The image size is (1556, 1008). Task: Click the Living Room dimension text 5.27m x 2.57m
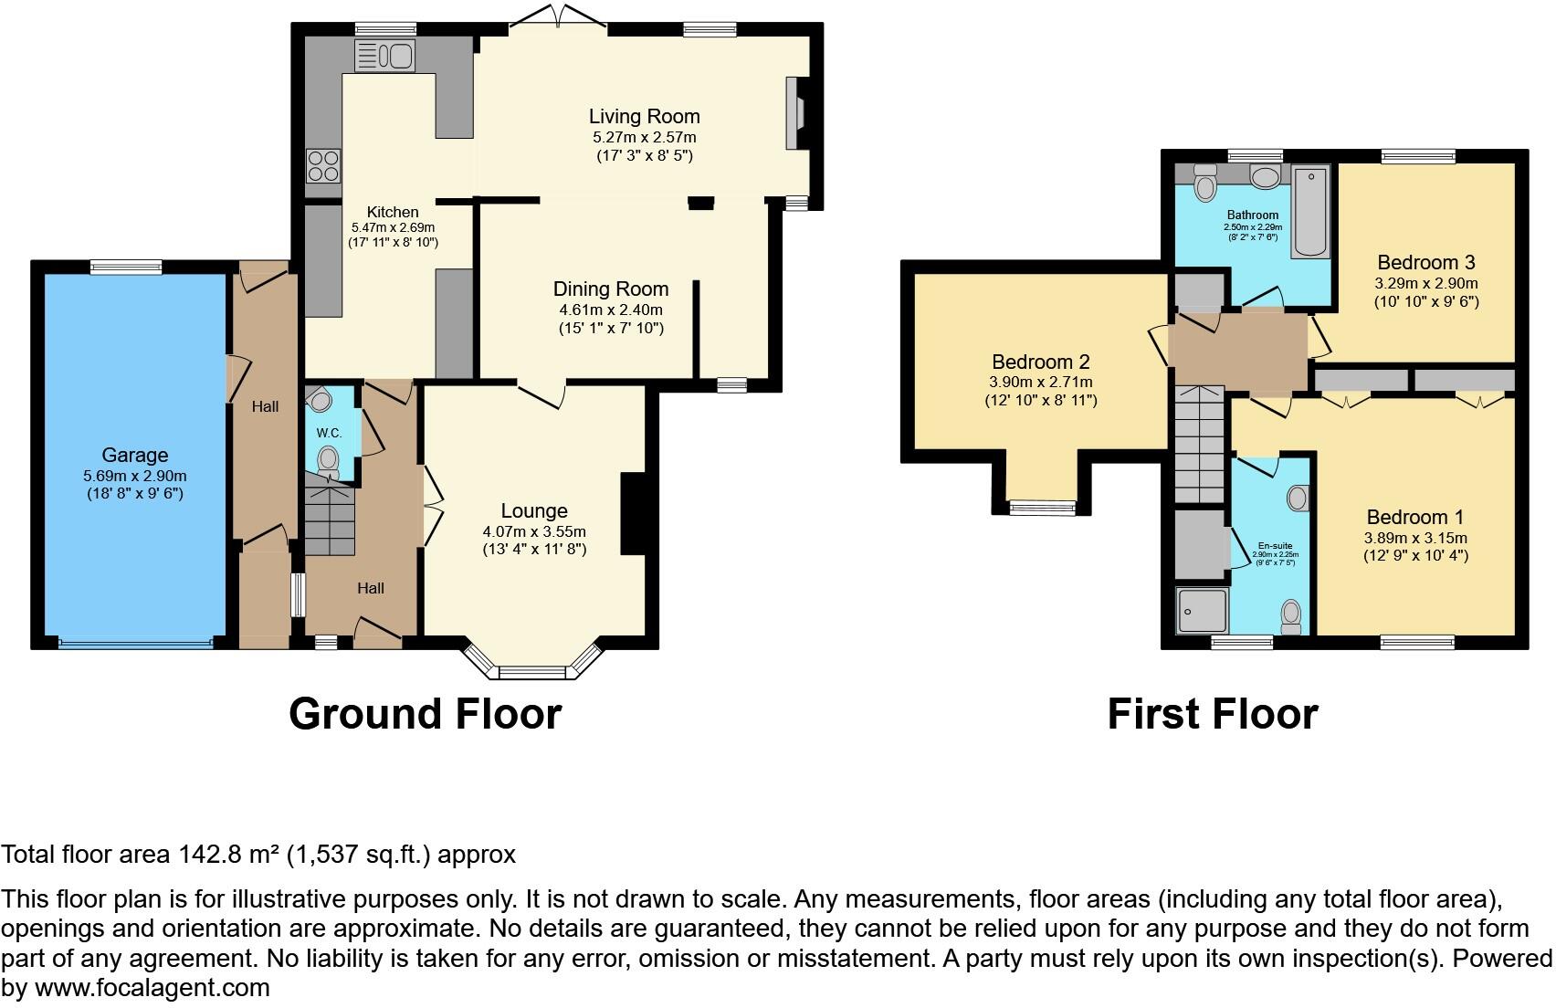point(644,137)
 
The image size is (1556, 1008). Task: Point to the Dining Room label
point(611,289)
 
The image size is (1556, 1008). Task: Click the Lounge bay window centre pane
point(532,673)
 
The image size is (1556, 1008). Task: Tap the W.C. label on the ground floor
point(329,432)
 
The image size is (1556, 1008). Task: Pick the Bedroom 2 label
point(1041,362)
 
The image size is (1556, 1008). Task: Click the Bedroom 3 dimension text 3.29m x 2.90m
point(1426,283)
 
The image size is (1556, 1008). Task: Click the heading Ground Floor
point(425,714)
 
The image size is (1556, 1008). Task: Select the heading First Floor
point(1212,714)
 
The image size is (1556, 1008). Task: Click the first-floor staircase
point(1198,445)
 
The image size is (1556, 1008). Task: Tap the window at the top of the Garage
point(126,267)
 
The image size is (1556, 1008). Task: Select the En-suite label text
point(1275,545)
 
